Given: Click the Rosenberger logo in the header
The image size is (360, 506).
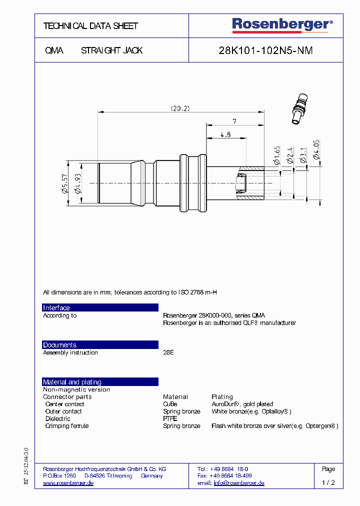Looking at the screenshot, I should point(281,25).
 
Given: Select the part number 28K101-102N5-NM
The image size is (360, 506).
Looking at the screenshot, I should point(265,50).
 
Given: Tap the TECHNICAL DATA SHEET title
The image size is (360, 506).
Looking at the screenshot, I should point(90,25).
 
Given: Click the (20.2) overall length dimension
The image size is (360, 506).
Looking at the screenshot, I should point(180,108).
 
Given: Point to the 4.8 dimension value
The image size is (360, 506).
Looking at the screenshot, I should point(225,134).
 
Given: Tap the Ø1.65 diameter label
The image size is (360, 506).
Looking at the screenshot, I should point(276,155).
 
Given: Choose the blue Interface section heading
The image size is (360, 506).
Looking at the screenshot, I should point(100,308).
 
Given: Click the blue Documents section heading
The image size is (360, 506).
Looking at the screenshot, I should point(100,345).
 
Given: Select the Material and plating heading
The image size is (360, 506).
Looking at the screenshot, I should point(100,382).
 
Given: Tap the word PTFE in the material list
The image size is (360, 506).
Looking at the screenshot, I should point(170,418).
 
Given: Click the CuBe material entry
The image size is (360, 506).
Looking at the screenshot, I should point(170,404).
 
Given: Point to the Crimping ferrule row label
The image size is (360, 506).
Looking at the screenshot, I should point(67,426).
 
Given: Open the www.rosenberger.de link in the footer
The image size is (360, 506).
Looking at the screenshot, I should point(68,483).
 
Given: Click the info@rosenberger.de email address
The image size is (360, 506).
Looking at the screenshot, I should point(238,483).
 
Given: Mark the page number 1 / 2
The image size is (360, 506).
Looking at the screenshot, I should point(328,483).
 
